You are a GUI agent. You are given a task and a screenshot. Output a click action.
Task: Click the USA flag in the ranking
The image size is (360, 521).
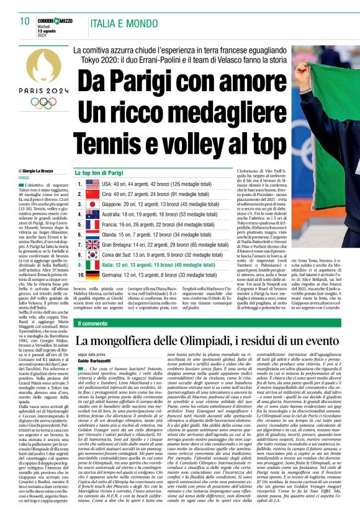(92, 184)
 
